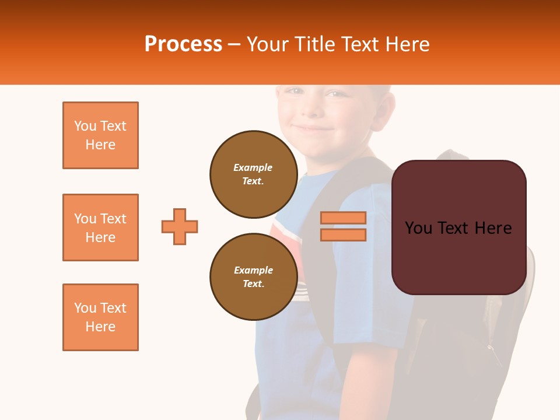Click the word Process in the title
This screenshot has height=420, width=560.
tap(183, 44)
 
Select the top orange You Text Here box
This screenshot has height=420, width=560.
tap(100, 135)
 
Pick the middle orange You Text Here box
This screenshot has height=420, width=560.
tap(100, 228)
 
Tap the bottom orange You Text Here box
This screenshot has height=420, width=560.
tap(100, 317)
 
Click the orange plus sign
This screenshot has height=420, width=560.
tap(180, 226)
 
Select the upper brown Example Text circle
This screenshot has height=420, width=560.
tap(254, 174)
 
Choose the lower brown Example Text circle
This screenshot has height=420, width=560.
tap(254, 276)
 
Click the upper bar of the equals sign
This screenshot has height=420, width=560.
tap(343, 218)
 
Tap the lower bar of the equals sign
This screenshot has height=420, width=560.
tap(343, 235)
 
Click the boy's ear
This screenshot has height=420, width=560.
tap(382, 108)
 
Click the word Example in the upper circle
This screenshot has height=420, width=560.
tap(253, 167)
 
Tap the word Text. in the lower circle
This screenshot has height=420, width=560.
tap(253, 284)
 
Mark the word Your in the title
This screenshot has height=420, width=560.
tap(267, 44)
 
